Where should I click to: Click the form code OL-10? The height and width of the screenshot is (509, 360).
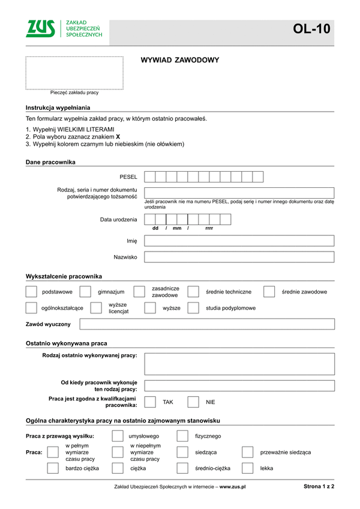point(311,29)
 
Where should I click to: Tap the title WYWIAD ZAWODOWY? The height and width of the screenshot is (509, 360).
point(179,60)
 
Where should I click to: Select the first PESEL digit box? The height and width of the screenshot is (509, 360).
point(150,176)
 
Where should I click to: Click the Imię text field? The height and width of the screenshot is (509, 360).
point(239,241)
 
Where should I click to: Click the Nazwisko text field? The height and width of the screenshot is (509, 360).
point(239,257)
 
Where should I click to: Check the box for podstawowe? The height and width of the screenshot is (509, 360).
point(31,292)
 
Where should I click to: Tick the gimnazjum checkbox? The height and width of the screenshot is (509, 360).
point(85,292)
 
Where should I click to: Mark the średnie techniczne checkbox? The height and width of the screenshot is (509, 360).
point(193,292)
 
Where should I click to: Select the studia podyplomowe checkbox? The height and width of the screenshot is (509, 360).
point(193,308)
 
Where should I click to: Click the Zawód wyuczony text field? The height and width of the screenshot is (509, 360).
point(207,324)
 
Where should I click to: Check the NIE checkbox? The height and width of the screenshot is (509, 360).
point(193,402)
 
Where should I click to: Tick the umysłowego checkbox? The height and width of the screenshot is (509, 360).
point(118,436)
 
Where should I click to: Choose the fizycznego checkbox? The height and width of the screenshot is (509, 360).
point(182,436)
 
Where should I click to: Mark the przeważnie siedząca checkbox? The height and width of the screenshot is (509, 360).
point(247,452)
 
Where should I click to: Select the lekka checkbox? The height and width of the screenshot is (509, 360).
point(247,468)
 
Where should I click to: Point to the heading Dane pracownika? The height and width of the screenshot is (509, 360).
point(50,162)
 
